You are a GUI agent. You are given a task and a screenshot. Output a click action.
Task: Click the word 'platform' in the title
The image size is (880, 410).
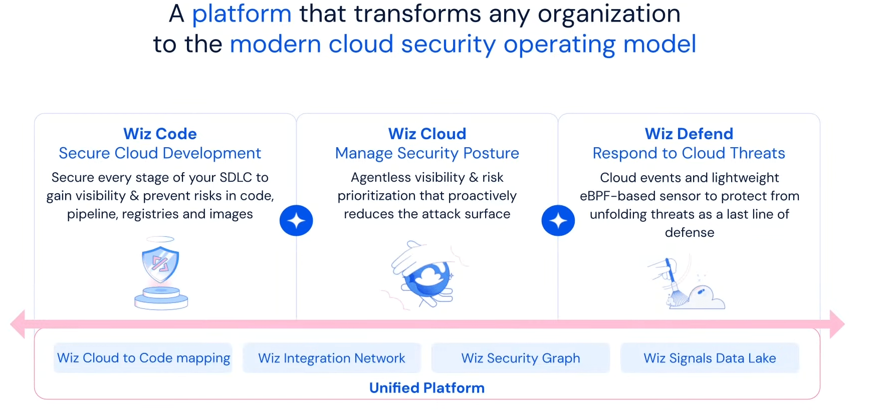(242, 14)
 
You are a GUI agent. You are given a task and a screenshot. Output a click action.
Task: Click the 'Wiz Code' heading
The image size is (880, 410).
(160, 134)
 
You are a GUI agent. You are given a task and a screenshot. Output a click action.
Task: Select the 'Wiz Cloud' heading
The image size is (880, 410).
(427, 134)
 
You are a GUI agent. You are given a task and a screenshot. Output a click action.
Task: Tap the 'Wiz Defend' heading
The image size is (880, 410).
(689, 134)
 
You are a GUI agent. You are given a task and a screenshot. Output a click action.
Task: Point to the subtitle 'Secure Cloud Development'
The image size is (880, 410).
(160, 153)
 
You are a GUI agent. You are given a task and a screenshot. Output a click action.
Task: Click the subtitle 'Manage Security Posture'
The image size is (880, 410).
(427, 153)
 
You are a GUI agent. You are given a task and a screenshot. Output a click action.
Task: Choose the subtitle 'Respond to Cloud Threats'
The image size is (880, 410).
(689, 153)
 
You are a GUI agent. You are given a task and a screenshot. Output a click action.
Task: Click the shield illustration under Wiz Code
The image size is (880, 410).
(161, 273)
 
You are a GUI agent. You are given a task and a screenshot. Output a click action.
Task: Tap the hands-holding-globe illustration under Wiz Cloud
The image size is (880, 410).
(426, 274)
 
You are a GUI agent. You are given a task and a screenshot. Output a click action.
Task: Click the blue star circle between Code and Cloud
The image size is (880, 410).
(296, 220)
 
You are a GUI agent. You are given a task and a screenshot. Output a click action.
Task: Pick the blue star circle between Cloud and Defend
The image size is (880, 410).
(558, 220)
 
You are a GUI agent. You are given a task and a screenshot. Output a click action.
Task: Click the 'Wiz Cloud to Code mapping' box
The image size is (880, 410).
(143, 358)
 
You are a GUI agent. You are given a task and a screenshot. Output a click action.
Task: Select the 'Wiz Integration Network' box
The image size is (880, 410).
(332, 358)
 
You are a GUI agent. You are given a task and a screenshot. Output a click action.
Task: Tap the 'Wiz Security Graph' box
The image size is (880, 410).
(521, 358)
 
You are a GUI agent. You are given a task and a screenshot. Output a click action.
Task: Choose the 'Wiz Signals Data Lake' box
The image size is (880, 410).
(710, 358)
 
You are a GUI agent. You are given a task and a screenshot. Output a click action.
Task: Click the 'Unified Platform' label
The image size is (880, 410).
(427, 388)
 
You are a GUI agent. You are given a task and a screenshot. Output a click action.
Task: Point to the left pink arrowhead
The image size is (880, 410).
(18, 324)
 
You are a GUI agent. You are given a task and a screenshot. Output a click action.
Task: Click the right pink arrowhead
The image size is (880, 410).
(837, 324)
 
